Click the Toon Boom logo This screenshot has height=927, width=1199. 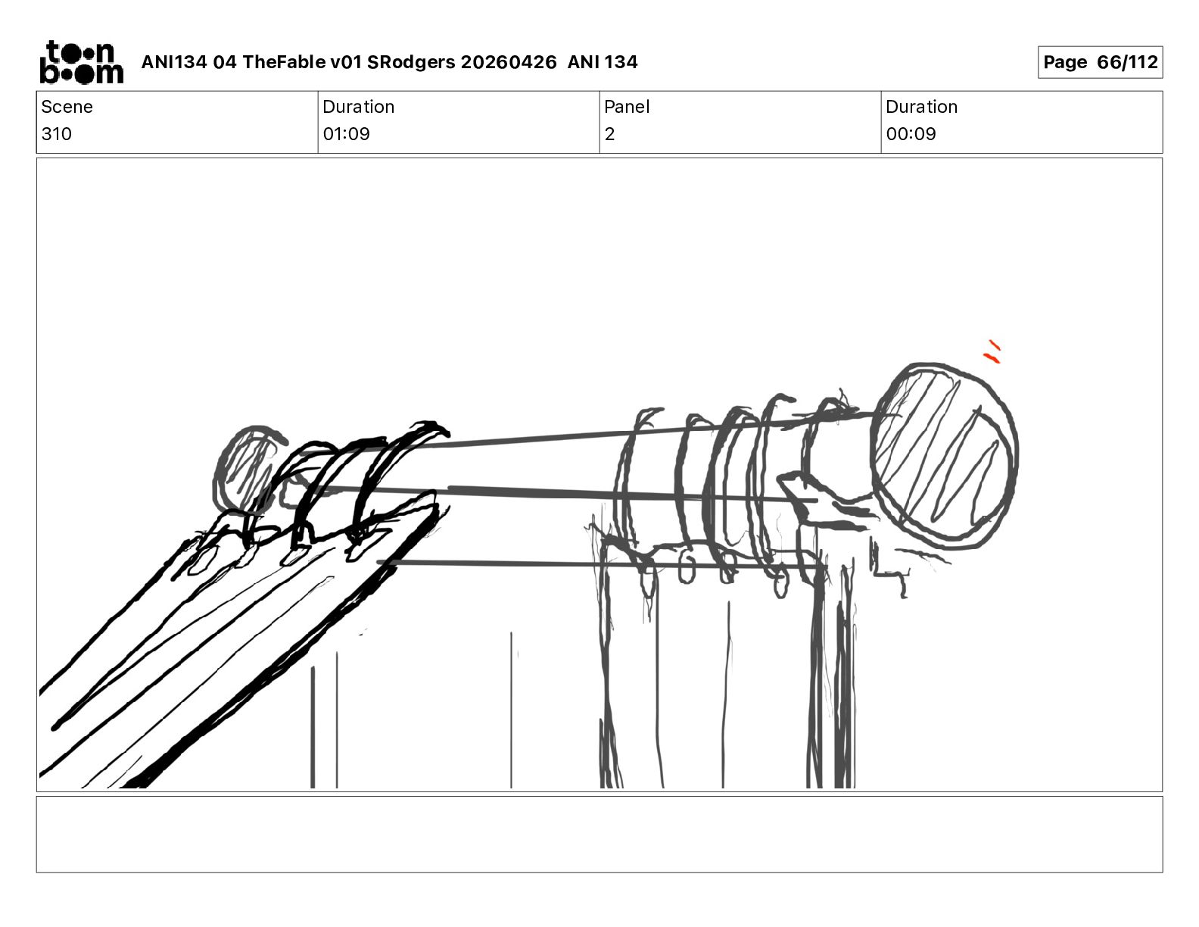point(82,62)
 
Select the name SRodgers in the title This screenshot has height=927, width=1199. point(411,62)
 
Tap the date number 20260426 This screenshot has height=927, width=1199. point(509,62)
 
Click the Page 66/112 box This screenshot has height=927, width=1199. point(1101,62)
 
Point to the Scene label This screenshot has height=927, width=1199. point(67,107)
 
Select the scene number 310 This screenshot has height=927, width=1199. point(56,133)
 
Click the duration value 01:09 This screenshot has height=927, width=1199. point(346,133)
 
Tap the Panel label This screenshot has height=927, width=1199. point(627,107)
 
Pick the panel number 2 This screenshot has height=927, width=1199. point(609,133)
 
